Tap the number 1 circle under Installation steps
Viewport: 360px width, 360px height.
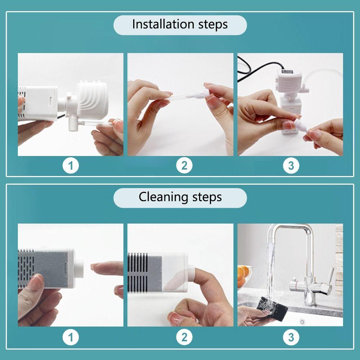71,166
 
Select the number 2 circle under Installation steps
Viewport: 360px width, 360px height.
184,166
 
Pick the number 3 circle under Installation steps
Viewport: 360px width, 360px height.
291,166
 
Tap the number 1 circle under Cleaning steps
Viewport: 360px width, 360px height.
71,338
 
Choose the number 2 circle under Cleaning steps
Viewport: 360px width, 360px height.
184,338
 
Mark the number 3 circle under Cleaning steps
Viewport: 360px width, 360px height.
291,338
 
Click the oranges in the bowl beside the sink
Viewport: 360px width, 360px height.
243,275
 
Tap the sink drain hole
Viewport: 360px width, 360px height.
302,321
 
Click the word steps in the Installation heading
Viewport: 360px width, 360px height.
213,25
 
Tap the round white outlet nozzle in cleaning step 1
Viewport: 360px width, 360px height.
79,269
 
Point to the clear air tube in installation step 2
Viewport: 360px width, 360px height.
181,97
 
